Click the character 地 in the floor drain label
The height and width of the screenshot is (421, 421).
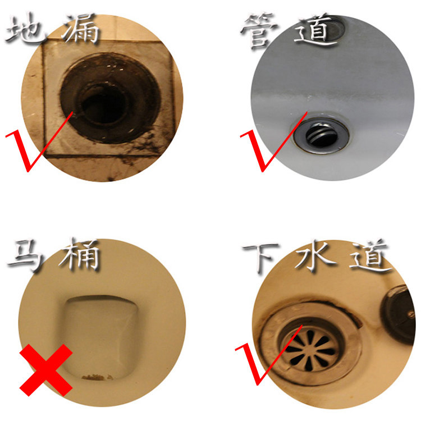point(25,29)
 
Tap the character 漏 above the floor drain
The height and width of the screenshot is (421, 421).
point(81,29)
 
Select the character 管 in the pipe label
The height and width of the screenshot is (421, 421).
point(259,31)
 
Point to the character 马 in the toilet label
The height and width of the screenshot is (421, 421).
point(26,255)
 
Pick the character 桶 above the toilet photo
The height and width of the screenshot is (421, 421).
point(80,254)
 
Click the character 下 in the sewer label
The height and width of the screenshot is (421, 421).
point(260,257)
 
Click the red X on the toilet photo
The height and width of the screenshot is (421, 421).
point(46,370)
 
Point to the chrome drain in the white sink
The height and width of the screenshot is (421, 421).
point(321,134)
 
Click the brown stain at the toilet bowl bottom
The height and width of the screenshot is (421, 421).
point(97,378)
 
